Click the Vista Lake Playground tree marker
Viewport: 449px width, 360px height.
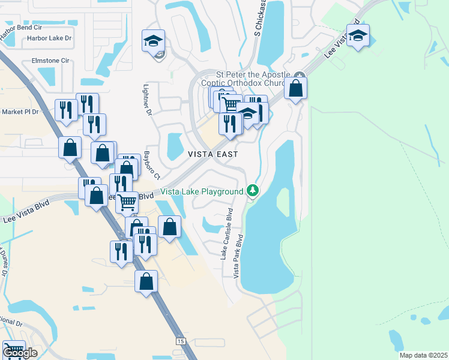point(253,191)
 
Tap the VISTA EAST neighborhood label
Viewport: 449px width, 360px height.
point(213,154)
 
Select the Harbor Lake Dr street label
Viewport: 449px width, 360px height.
point(49,38)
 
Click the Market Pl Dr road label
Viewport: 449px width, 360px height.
point(20,112)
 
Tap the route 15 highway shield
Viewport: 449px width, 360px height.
point(181,341)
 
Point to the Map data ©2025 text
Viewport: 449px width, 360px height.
point(423,355)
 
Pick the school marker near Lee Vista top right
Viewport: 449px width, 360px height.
point(358,36)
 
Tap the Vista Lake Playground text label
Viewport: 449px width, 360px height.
point(202,191)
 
